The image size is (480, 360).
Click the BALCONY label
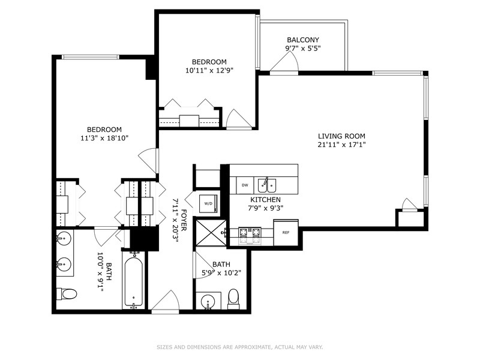302,40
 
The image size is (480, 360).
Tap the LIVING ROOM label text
341,136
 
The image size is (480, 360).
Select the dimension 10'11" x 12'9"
209,70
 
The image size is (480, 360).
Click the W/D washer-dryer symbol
209,203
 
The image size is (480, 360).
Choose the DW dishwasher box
244,185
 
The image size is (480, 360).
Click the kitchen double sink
268,185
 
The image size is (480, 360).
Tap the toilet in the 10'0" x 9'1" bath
68,295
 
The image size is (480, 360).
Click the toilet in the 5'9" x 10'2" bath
233,298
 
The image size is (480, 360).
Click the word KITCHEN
266,199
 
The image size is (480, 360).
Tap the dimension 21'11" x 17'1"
341,144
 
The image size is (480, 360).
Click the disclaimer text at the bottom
240,347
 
